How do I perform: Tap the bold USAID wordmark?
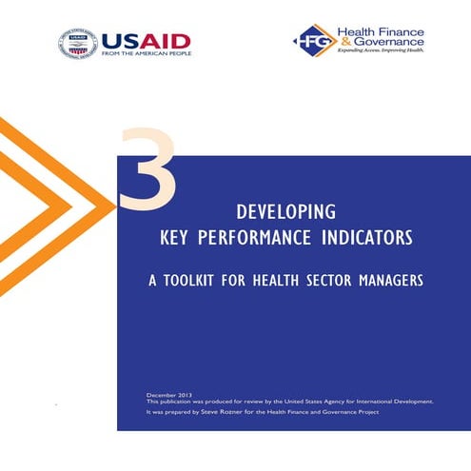146,40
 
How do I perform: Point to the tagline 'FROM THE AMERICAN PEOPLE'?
146,54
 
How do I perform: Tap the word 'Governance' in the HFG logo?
392,44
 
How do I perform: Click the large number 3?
147,172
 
